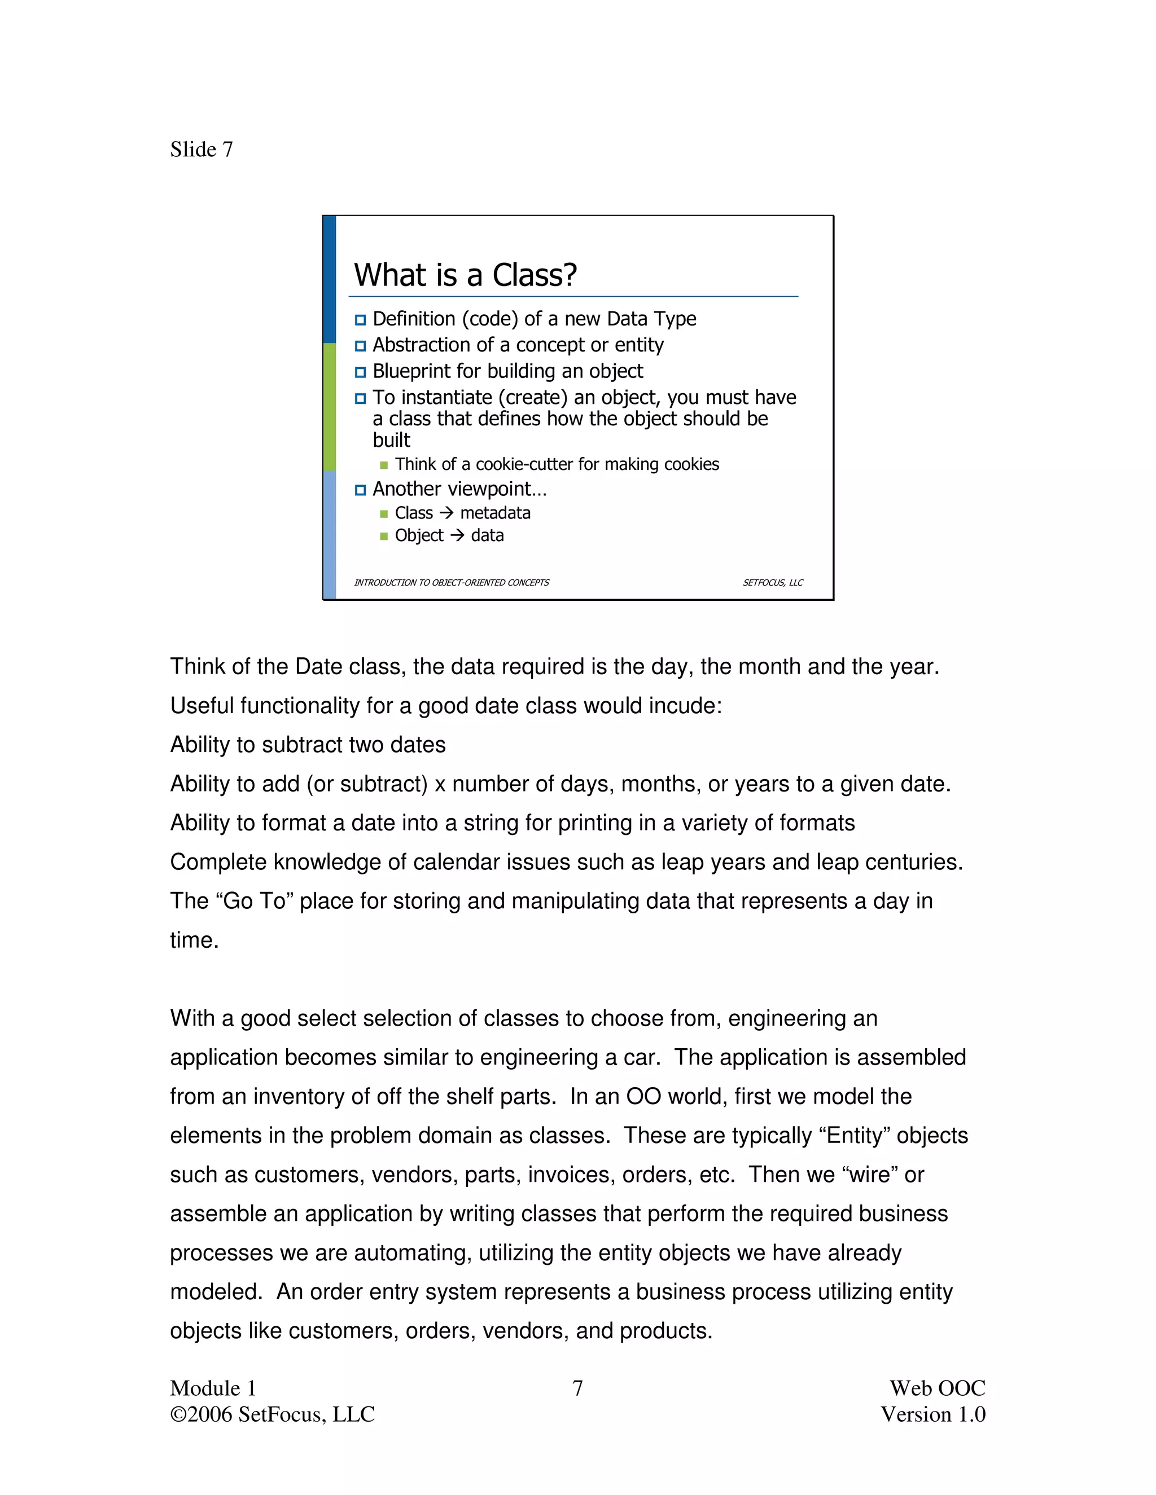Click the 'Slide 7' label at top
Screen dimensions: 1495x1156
202,149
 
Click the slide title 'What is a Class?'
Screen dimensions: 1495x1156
465,275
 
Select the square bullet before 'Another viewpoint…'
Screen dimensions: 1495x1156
360,490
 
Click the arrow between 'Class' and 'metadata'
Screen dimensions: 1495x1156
446,513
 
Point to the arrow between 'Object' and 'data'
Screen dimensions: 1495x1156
457,535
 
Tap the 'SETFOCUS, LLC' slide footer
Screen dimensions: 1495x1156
773,583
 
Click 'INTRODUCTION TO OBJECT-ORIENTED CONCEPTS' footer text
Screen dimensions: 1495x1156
452,583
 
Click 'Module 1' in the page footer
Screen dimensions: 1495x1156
213,1388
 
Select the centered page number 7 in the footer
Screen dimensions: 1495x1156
577,1388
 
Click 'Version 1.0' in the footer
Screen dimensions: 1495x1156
932,1414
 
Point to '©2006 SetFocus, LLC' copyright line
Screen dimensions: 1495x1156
273,1414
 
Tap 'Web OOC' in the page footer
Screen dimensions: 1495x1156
937,1388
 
